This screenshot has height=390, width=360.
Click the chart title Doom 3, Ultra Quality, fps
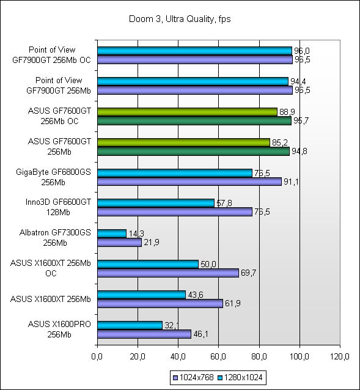pyautogui.click(x=180, y=19)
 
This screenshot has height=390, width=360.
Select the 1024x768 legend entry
pyautogui.click(x=193, y=378)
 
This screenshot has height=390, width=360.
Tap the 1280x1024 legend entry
pyautogui.click(x=240, y=378)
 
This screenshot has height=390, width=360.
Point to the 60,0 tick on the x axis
pyautogui.click(x=218, y=356)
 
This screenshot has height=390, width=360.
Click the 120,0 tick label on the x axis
pyautogui.click(x=340, y=356)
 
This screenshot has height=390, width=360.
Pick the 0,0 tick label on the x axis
pyautogui.click(x=97, y=356)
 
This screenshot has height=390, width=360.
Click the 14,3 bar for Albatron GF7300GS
pyautogui.click(x=112, y=234)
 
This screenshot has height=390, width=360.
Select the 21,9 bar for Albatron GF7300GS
pyautogui.click(x=120, y=242)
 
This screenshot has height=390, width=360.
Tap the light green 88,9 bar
pyautogui.click(x=187, y=112)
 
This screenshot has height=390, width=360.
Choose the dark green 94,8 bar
pyautogui.click(x=193, y=151)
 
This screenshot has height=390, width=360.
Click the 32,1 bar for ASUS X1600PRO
pyautogui.click(x=130, y=325)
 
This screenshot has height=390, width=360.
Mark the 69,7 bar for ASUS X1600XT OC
pyautogui.click(x=168, y=273)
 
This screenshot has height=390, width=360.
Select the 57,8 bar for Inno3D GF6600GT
pyautogui.click(x=156, y=203)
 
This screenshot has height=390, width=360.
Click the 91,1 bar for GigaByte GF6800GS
pyautogui.click(x=189, y=182)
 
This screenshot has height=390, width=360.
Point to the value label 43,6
pyautogui.click(x=196, y=295)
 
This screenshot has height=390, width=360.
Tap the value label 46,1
pyautogui.click(x=200, y=334)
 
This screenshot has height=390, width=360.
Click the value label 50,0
pyautogui.click(x=208, y=264)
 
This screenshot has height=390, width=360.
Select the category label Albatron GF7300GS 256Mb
pyautogui.click(x=55, y=238)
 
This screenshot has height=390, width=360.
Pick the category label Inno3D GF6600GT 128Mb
pyautogui.click(x=58, y=207)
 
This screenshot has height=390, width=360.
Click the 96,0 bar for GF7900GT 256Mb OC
pyautogui.click(x=194, y=51)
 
